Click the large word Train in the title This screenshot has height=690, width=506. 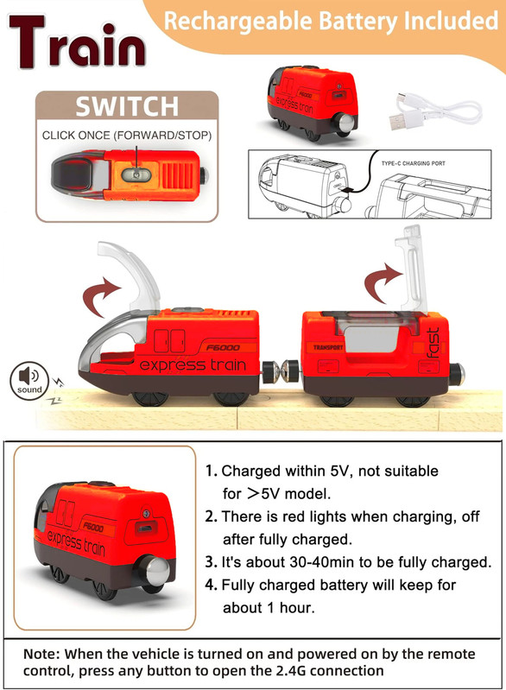[x=78, y=41]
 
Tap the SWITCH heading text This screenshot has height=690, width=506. [x=127, y=106]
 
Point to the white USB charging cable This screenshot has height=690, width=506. [x=434, y=111]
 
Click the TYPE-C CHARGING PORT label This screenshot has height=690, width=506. [x=413, y=163]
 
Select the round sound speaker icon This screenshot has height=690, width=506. [x=29, y=381]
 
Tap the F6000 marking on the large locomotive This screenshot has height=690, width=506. [x=223, y=348]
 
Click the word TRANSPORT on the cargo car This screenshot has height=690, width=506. [x=328, y=347]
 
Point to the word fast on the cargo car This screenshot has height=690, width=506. [x=433, y=342]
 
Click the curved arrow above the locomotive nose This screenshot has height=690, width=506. [x=100, y=294]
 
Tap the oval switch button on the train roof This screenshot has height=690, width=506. [x=136, y=174]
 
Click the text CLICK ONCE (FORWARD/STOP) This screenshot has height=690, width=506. [x=127, y=136]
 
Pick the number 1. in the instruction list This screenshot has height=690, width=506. [x=212, y=471]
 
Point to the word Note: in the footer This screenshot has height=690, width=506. [x=41, y=654]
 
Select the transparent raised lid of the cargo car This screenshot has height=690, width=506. [x=412, y=268]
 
